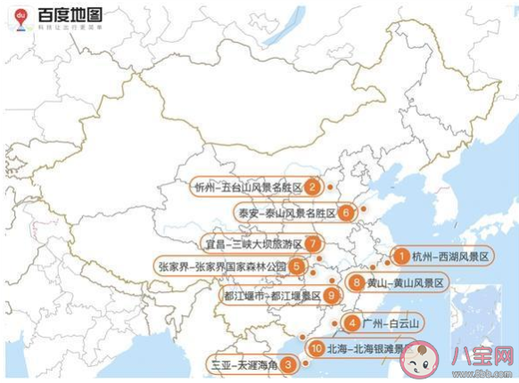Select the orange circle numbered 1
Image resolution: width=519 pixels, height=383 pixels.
pyautogui.click(x=401, y=257)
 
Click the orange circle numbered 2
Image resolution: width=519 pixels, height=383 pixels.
pyautogui.click(x=312, y=187)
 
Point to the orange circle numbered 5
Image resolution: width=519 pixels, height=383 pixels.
pyautogui.click(x=296, y=265)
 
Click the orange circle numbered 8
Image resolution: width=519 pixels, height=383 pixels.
pyautogui.click(x=356, y=283)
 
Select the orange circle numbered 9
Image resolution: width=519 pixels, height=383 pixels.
pyautogui.click(x=331, y=296)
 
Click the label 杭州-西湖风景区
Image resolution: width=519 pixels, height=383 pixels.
pyautogui.click(x=450, y=257)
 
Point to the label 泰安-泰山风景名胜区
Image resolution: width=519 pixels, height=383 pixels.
pyautogui.click(x=287, y=214)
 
